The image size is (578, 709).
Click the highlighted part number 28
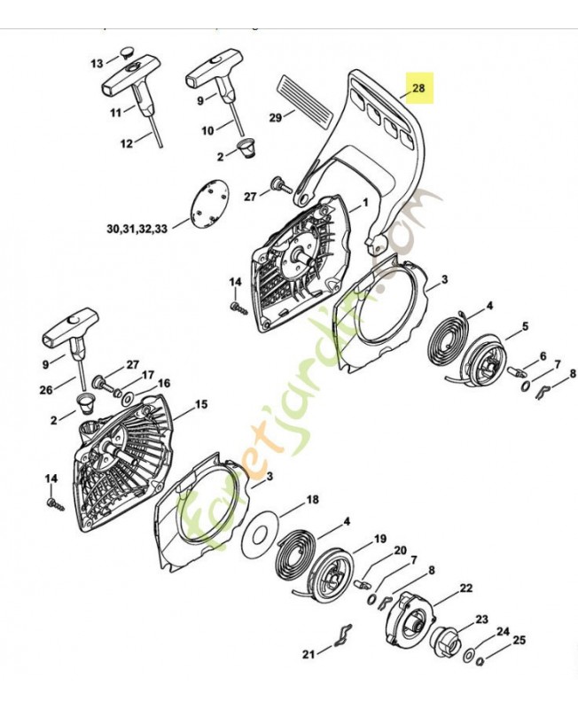click(418, 88)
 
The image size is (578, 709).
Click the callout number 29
click(276, 117)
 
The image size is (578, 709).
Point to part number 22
click(466, 588)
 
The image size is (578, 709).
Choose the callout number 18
click(312, 501)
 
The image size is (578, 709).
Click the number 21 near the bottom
click(309, 654)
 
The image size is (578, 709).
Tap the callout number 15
click(201, 404)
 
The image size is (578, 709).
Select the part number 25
click(519, 639)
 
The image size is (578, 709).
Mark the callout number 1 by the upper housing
click(364, 203)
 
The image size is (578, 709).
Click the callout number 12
click(126, 143)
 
